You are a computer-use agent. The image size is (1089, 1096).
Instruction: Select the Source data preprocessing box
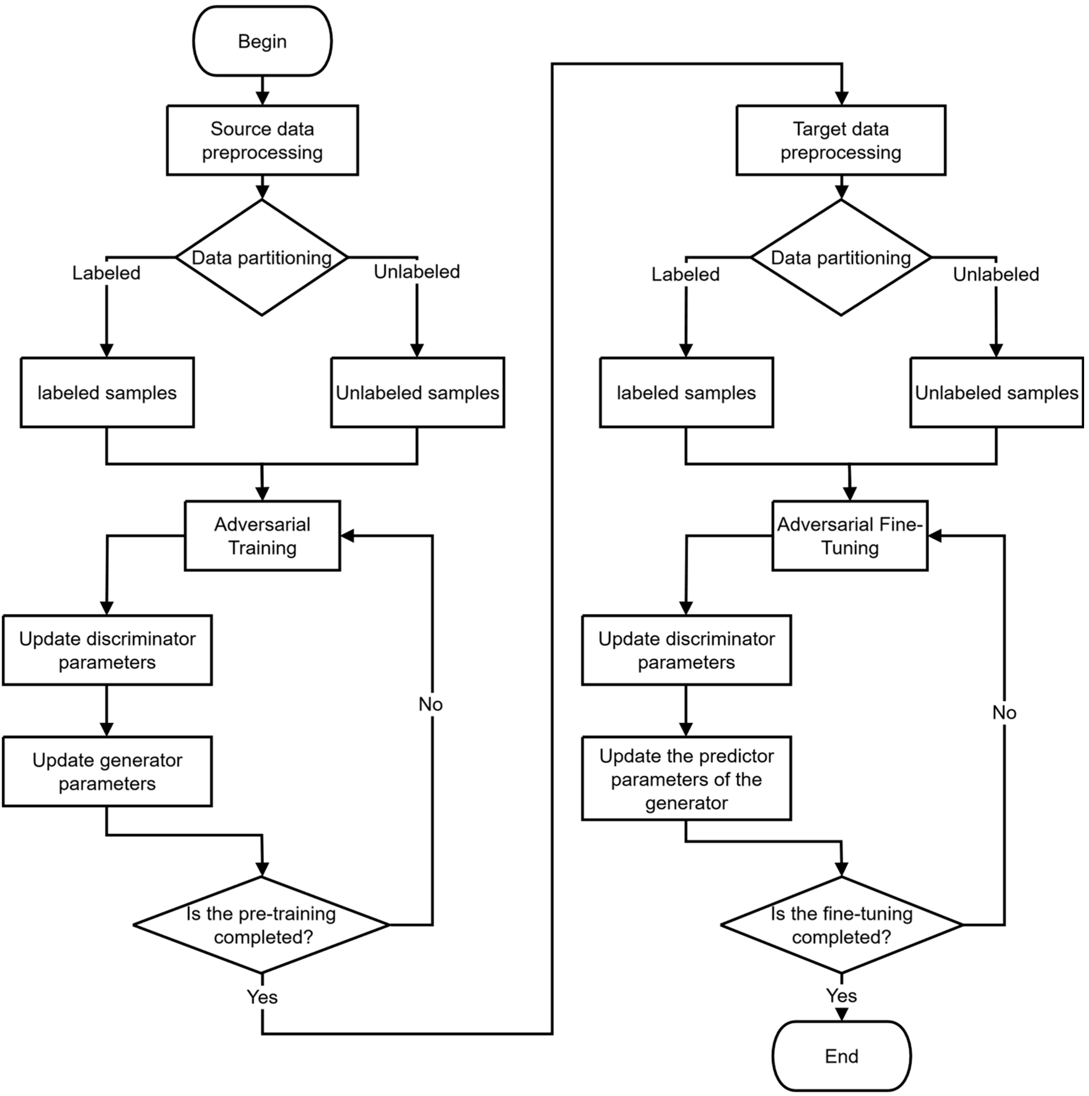[262, 140]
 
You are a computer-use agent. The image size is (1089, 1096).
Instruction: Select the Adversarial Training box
[262, 536]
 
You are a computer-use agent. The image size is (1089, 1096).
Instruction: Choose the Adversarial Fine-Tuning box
[849, 536]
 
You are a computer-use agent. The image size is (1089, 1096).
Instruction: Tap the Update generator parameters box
[107, 771]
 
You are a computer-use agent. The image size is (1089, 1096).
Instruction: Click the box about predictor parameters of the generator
[686, 779]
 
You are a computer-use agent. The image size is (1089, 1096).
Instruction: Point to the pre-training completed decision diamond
[261, 925]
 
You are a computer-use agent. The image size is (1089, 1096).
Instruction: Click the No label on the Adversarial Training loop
[431, 704]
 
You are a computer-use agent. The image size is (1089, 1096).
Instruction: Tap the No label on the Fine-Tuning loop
[1004, 713]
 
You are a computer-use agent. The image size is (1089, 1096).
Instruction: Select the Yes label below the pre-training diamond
[262, 997]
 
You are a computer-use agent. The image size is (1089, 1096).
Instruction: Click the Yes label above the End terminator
[841, 996]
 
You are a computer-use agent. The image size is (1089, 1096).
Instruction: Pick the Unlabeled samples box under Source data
[417, 393]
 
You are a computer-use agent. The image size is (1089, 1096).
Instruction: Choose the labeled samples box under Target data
[686, 393]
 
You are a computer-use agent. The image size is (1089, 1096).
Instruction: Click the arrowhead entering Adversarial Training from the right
[347, 536]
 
